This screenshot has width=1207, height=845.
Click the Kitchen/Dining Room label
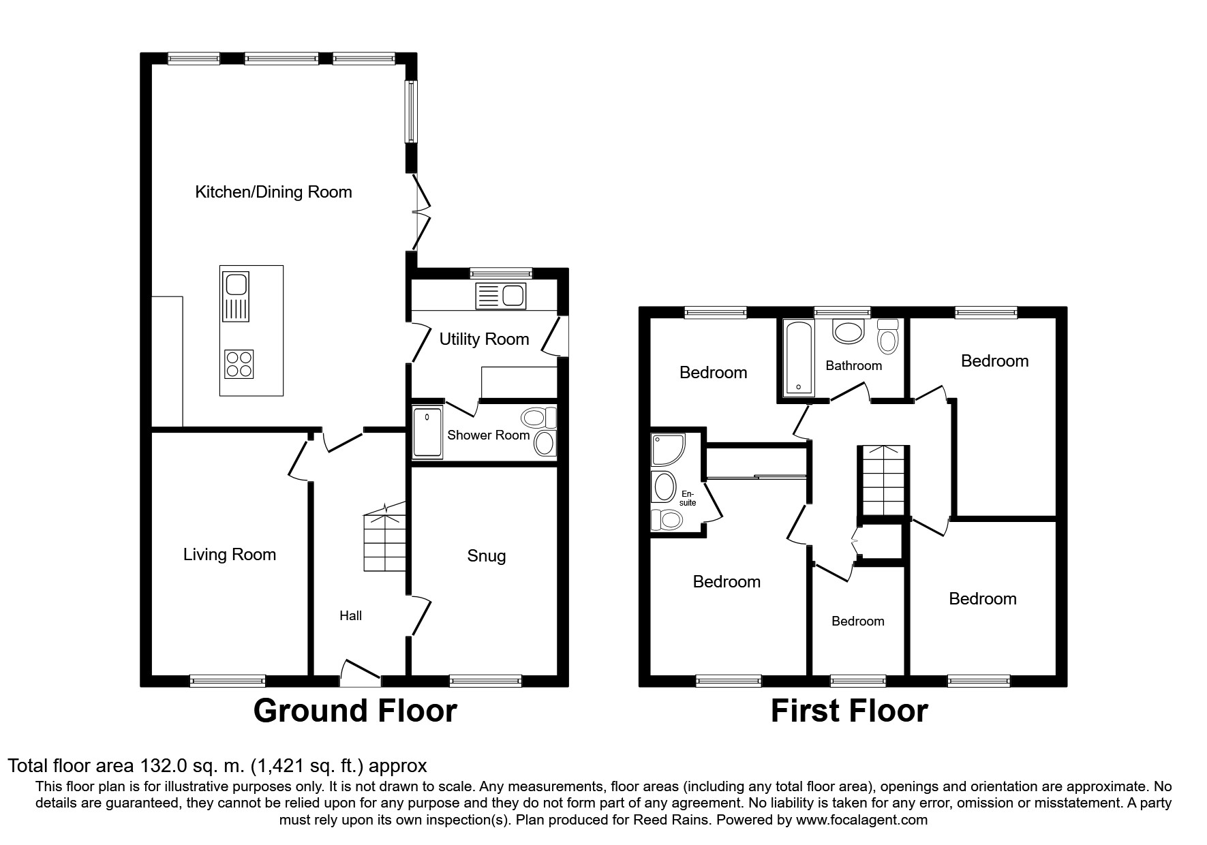273,192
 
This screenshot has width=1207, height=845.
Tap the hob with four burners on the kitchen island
239,363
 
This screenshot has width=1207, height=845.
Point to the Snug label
486,556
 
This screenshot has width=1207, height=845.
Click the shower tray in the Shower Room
427,432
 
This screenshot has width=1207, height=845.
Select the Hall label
350,616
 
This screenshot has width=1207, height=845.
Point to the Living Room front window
227,680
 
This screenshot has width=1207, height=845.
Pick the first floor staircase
883,480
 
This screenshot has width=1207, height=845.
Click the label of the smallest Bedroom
857,621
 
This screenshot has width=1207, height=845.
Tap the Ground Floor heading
354,711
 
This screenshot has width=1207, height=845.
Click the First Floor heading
849,711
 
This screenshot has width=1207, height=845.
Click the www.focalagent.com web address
861,820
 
